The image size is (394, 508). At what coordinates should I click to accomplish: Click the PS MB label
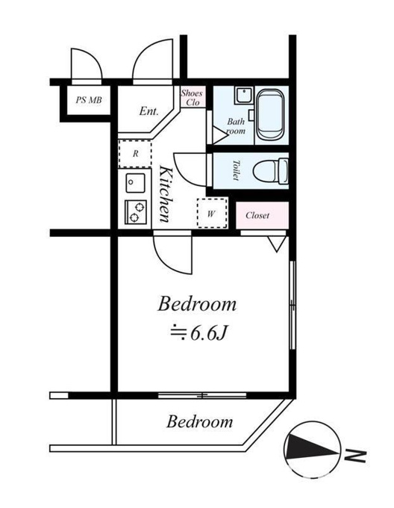[x=89, y=100]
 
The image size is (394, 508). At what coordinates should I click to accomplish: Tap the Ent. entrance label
[x=149, y=111]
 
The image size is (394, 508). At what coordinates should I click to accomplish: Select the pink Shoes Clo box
[x=193, y=97]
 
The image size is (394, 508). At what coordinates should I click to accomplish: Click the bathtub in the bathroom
[x=270, y=115]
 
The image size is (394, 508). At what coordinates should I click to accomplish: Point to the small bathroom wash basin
[x=244, y=96]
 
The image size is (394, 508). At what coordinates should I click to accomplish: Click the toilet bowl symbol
[x=270, y=170]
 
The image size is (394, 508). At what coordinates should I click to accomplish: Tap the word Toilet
[x=237, y=170]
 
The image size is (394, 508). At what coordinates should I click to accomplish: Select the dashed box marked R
[x=135, y=154]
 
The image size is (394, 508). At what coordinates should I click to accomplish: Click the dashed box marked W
[x=212, y=213]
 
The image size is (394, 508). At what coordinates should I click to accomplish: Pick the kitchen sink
[x=136, y=183]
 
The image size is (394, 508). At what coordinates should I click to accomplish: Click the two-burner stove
[x=136, y=212]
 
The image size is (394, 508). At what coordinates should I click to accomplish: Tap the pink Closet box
[x=262, y=215]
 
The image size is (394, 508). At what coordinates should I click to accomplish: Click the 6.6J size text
[x=198, y=333]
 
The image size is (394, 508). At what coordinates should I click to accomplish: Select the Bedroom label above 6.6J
[x=197, y=304]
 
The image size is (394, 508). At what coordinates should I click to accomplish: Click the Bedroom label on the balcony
[x=199, y=421]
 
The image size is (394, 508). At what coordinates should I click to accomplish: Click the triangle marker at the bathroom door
[x=220, y=134]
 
